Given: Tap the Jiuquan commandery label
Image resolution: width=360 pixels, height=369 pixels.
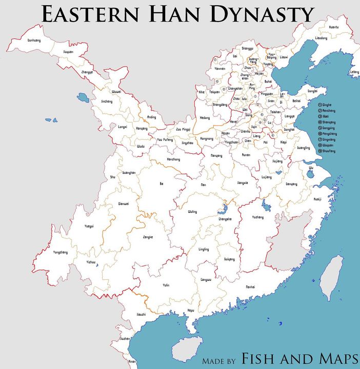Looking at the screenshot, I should [68, 52].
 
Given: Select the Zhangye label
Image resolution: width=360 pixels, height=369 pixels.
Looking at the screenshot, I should [87, 72].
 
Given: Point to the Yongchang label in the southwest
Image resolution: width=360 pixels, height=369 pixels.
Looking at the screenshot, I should [61, 252].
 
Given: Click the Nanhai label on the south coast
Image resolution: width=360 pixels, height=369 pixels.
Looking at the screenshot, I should [250, 286].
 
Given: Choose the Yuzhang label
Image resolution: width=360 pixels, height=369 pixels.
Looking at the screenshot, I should [257, 217].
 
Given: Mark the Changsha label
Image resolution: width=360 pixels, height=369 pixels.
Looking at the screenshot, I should [225, 219].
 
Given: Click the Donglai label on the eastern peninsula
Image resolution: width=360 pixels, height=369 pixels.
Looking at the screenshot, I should [312, 91].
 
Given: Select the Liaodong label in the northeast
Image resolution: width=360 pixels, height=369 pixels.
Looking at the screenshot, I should [321, 38].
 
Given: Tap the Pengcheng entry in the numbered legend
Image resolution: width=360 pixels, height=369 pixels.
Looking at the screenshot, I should [329, 133].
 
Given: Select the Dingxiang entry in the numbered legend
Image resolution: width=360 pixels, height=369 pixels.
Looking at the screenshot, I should [328, 138].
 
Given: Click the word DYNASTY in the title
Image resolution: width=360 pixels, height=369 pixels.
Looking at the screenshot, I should [259, 14].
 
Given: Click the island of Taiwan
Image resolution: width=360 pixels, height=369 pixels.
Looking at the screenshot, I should [332, 277].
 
